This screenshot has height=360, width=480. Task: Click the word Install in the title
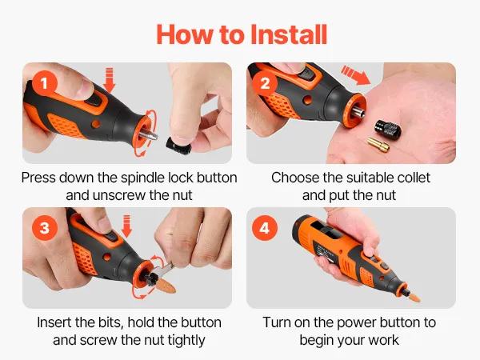click(x=289, y=34)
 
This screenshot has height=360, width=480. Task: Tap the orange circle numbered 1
click(x=45, y=83)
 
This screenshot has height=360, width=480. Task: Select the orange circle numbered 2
click(x=265, y=83)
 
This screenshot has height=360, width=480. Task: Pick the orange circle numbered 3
click(x=45, y=228)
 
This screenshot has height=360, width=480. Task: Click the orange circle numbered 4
click(x=265, y=228)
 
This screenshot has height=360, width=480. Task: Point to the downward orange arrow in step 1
click(x=110, y=80)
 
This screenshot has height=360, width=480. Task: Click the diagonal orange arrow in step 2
click(x=356, y=75)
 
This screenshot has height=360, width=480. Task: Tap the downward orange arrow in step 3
click(x=126, y=226)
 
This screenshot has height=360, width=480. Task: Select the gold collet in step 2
click(x=378, y=144)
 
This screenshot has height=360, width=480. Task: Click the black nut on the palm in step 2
click(x=388, y=130)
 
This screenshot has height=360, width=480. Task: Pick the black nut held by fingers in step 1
click(x=178, y=146)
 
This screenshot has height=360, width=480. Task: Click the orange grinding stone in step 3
click(x=165, y=286)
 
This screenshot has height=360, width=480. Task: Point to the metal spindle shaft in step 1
click(x=149, y=134)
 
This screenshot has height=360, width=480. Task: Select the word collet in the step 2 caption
click(x=414, y=178)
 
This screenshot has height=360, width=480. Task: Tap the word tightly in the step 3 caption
click(x=186, y=341)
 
